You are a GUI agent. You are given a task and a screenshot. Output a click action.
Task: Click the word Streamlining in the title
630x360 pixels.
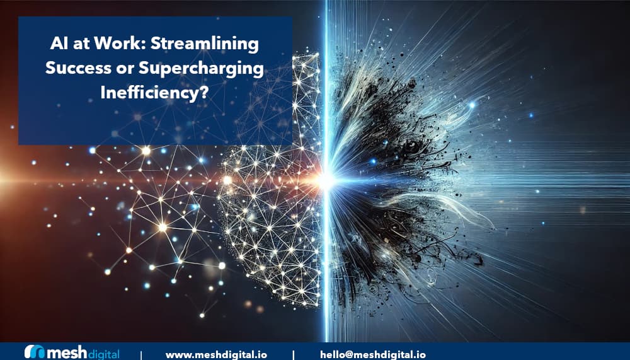click(x=205, y=44)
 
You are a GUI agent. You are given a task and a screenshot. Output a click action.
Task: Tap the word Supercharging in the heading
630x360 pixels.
click(x=201, y=69)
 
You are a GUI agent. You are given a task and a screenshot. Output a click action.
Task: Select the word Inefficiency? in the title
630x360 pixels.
click(x=155, y=93)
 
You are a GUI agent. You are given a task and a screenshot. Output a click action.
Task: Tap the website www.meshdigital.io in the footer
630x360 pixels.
click(x=216, y=355)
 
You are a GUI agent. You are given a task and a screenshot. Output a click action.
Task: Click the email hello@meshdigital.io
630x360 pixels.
click(x=373, y=354)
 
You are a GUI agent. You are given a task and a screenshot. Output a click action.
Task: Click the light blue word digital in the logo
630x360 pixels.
click(x=103, y=354)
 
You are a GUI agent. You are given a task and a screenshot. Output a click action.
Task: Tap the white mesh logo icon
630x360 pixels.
click(x=35, y=352)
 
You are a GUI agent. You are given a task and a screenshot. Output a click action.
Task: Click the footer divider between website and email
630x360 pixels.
click(x=294, y=355)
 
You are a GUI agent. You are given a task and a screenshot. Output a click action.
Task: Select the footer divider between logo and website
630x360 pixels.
click(x=141, y=355)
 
